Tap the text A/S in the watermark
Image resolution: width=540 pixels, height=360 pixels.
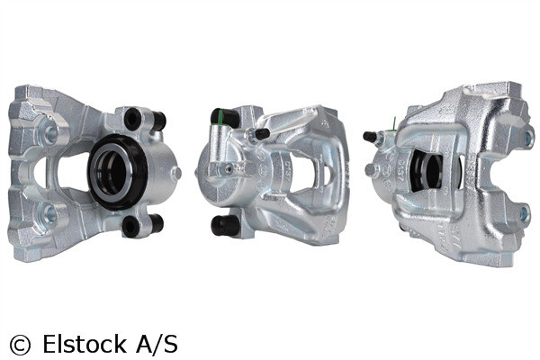click(x=156, y=343)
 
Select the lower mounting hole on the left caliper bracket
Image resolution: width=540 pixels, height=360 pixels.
click(x=49, y=214)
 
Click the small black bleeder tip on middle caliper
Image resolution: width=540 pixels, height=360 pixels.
click(x=262, y=134)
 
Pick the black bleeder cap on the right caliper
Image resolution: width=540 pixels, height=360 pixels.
click(x=369, y=137)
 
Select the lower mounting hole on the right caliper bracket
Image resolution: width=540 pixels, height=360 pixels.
click(x=526, y=214)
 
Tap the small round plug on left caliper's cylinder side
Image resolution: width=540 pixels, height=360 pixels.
click(x=177, y=172)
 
